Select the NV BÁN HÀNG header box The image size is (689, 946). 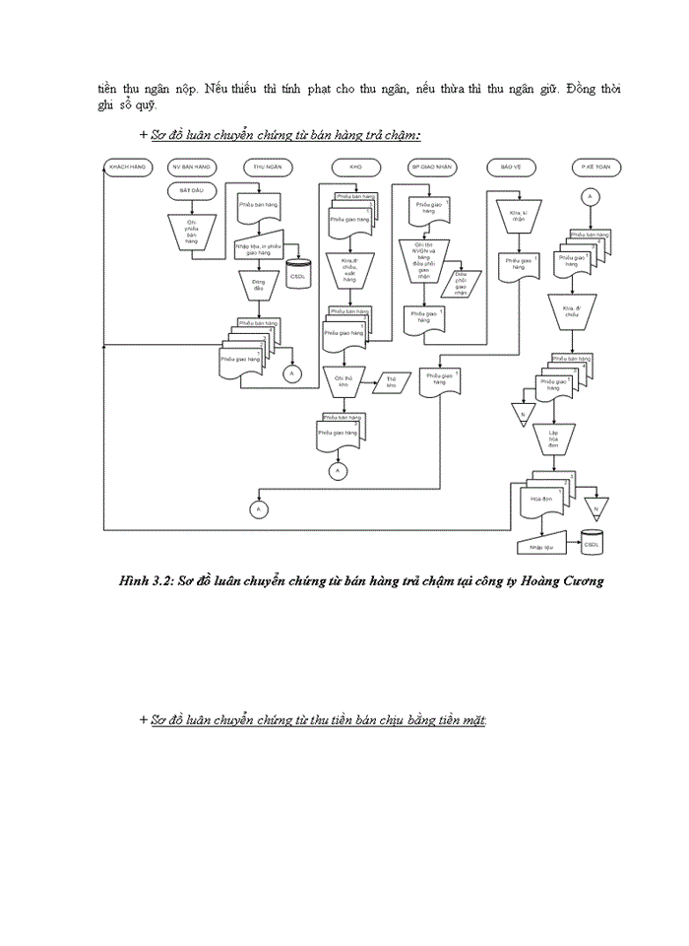pyautogui.click(x=191, y=169)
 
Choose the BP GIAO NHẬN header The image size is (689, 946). pyautogui.click(x=429, y=169)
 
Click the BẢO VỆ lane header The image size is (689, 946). pyautogui.click(x=510, y=169)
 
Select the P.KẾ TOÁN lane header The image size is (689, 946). pyautogui.click(x=592, y=169)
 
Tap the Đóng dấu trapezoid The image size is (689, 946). pyautogui.click(x=259, y=286)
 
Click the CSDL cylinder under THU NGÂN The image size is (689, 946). pyautogui.click(x=297, y=272)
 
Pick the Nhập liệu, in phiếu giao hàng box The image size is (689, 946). pyautogui.click(x=259, y=247)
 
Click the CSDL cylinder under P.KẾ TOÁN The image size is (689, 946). pyautogui.click(x=592, y=543)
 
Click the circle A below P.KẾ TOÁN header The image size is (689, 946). pyautogui.click(x=591, y=197)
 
